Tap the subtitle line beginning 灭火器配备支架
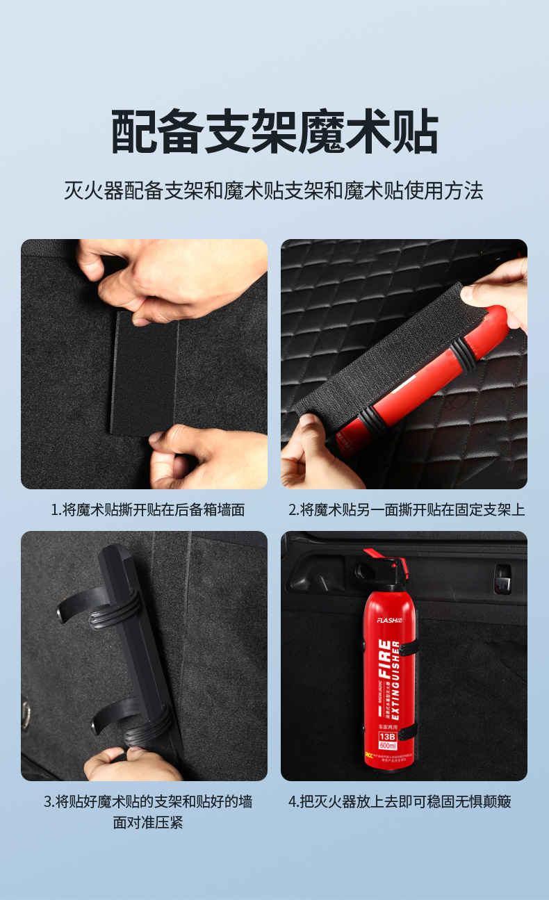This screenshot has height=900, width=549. (274, 190)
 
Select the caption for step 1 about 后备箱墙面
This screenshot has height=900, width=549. (147, 509)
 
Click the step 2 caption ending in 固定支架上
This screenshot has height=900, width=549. (406, 509)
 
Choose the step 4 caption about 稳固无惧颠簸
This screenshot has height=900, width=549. (400, 801)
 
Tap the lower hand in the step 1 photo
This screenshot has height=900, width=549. (208, 459)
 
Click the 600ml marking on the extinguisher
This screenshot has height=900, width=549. (386, 746)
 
